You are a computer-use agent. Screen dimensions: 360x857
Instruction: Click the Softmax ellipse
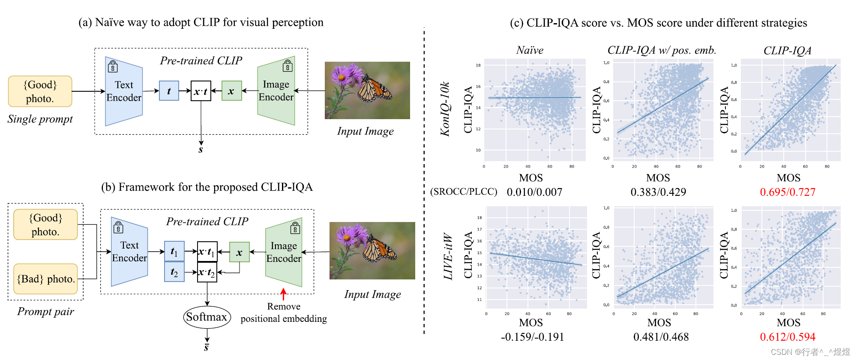point(207,317)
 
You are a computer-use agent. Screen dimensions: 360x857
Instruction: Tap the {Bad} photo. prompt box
point(46,279)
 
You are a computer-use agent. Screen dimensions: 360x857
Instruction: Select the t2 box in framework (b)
point(174,272)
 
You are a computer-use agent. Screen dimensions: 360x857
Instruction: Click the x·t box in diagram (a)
point(201,91)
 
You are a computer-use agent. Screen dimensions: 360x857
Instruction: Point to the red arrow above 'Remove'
point(283,294)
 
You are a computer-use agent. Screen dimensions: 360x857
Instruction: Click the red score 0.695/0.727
point(788,192)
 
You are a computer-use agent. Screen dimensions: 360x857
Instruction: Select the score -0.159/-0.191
point(532,337)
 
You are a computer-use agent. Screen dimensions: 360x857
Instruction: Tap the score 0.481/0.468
point(661,337)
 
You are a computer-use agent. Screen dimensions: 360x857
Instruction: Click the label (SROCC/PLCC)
point(464,192)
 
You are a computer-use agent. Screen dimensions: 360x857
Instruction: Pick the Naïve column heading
point(530,51)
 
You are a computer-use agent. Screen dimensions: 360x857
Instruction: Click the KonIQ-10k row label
point(445,109)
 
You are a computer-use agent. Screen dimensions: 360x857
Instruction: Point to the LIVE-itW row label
point(448,256)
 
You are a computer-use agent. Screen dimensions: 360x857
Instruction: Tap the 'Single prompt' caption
point(40,119)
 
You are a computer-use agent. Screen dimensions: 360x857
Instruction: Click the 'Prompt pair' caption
point(46,312)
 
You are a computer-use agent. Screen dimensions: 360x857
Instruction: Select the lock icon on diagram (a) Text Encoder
point(113,66)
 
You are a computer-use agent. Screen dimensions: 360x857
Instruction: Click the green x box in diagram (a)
point(231,91)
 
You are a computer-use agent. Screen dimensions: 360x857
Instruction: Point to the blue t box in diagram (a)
point(169,91)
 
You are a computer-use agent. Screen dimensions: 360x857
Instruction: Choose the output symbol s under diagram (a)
point(201,150)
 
